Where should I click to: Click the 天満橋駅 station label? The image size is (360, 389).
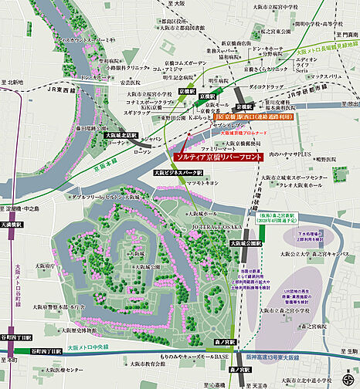tap(12, 224)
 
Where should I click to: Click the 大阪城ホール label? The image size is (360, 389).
tap(202, 211)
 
